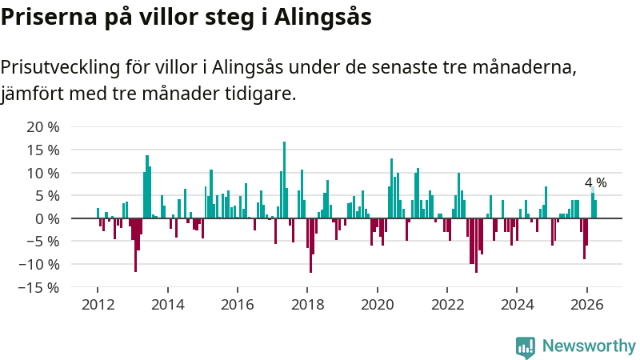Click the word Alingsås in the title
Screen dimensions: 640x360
click(323, 18)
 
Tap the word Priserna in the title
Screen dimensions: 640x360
click(49, 17)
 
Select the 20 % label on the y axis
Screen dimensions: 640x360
click(43, 127)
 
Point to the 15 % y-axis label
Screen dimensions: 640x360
click(43, 150)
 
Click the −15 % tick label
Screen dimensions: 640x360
click(38, 288)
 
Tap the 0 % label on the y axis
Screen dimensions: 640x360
click(47, 219)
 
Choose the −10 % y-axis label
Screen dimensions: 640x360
click(38, 265)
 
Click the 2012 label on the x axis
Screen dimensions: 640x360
click(98, 305)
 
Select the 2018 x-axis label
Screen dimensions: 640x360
click(307, 305)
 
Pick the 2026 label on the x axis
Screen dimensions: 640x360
click(587, 305)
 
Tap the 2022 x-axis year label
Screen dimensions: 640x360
click(447, 305)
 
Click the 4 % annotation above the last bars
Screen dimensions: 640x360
click(595, 182)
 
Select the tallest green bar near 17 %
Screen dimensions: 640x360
click(285, 180)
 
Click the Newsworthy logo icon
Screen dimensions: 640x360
click(526, 347)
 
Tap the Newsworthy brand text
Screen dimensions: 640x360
click(589, 346)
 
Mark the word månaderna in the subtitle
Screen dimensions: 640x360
click(525, 68)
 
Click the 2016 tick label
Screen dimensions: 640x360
click(238, 305)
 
